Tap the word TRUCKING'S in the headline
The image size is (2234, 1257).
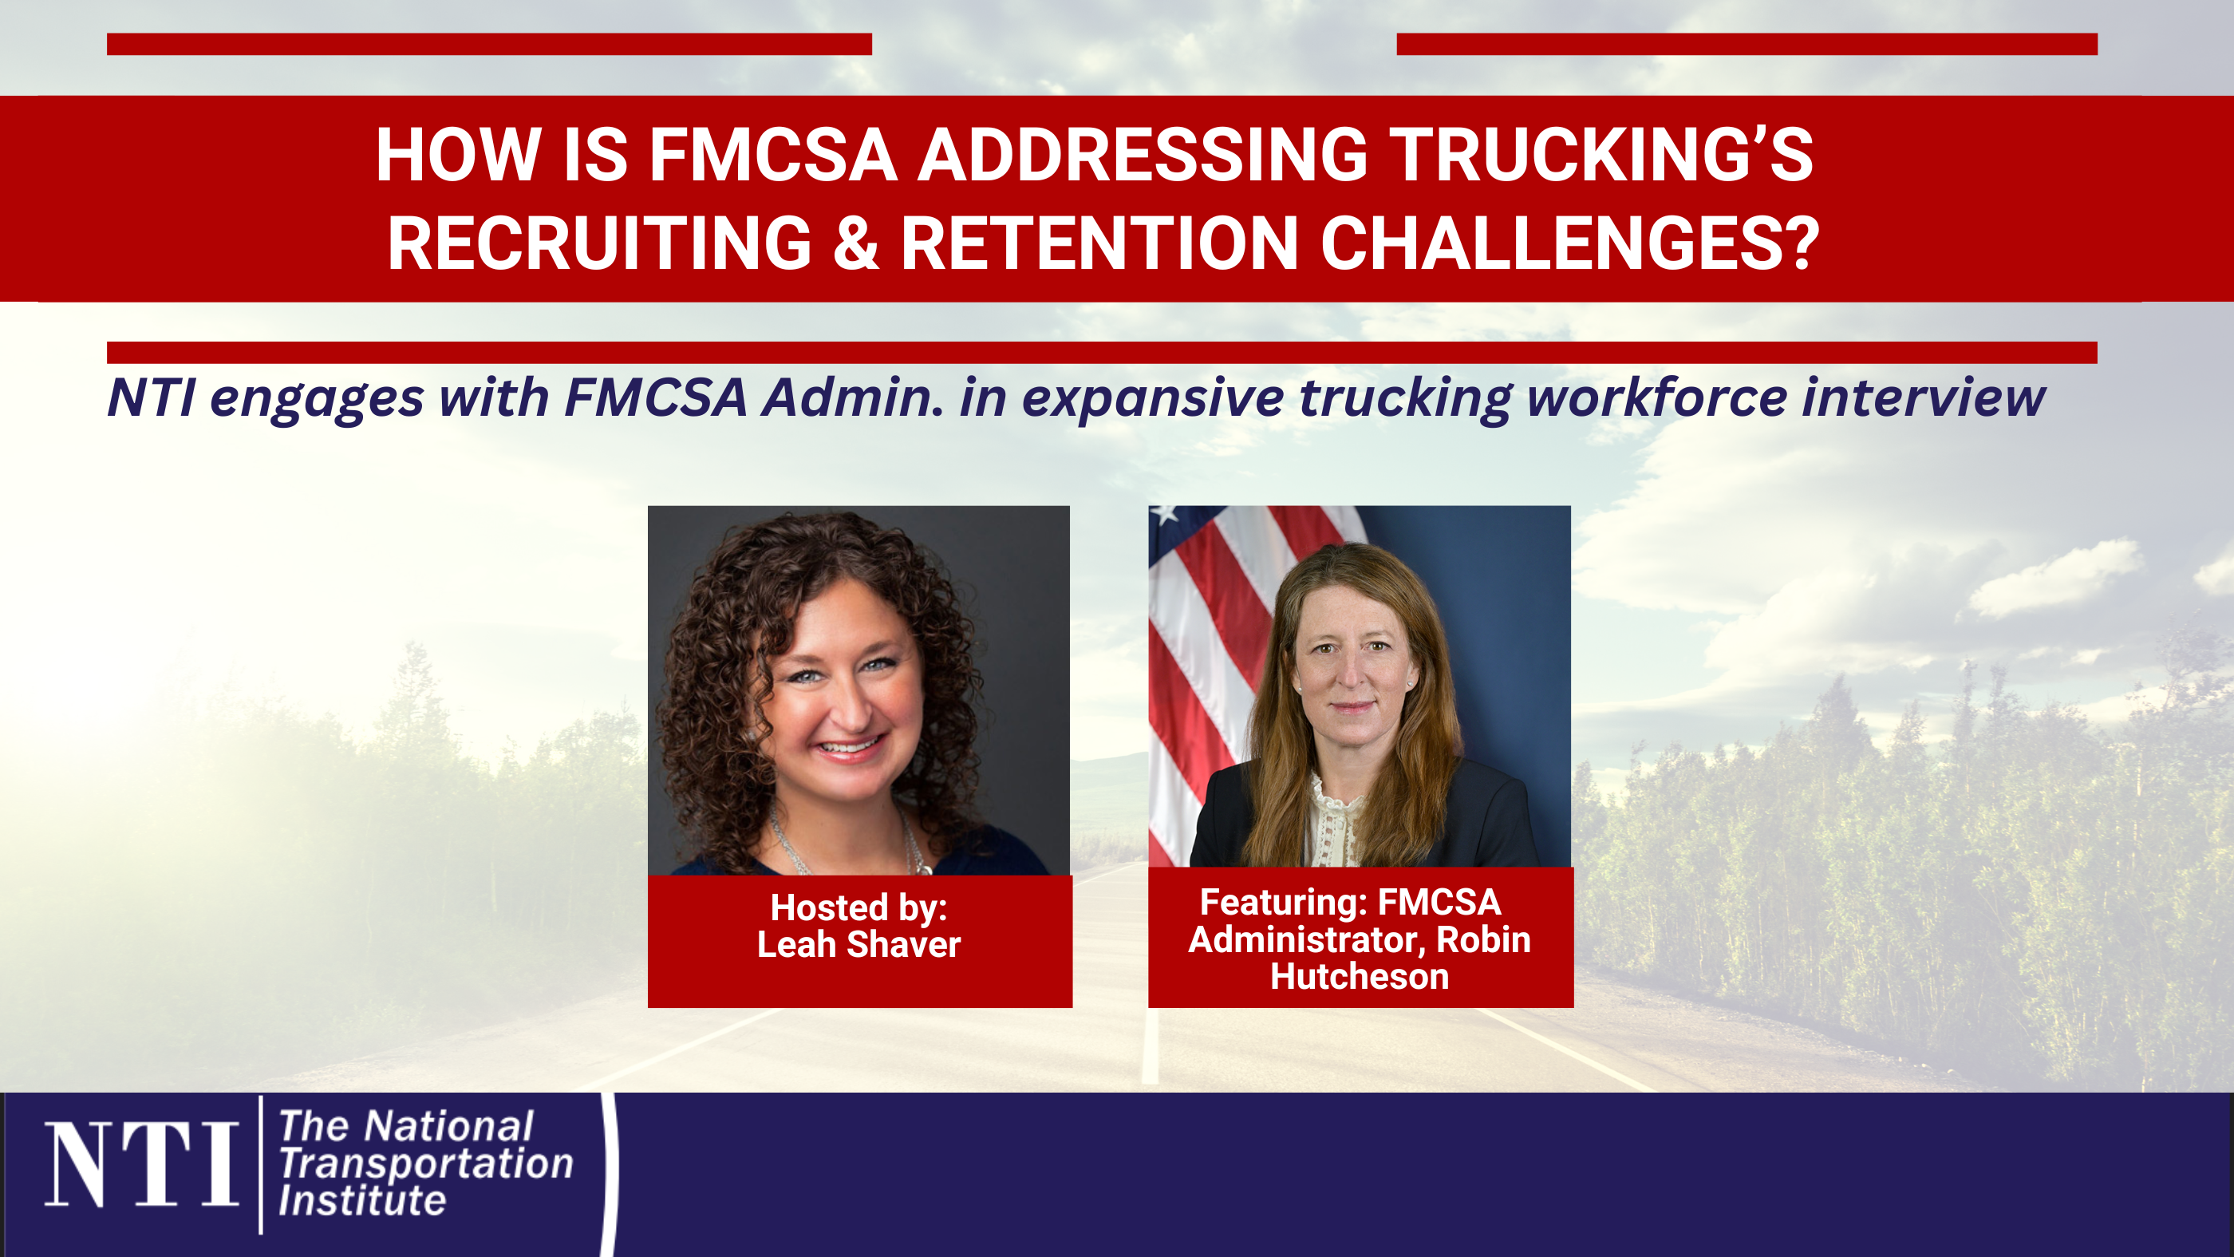(x=1604, y=156)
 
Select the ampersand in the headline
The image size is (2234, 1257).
(x=856, y=243)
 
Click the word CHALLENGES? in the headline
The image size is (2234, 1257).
(x=1569, y=243)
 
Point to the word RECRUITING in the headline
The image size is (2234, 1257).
(x=599, y=243)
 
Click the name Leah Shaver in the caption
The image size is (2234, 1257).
(x=858, y=945)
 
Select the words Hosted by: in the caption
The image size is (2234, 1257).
(x=858, y=907)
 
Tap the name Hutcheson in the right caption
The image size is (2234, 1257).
(x=1360, y=977)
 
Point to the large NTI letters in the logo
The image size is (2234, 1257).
(x=141, y=1164)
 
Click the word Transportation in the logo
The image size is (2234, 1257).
(x=426, y=1164)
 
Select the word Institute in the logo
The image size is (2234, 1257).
(x=362, y=1201)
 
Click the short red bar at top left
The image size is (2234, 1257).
(x=489, y=44)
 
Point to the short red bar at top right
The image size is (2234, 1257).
(x=1747, y=44)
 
